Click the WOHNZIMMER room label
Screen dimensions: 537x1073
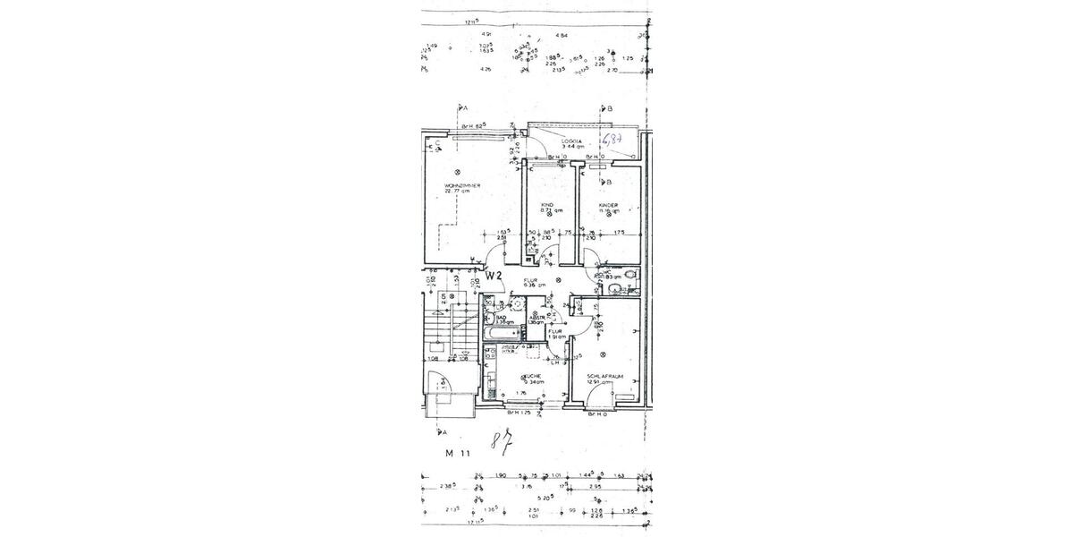462,186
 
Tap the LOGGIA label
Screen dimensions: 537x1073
571,141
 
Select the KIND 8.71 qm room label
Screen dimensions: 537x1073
547,206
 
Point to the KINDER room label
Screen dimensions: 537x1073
609,206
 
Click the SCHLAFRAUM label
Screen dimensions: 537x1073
605,376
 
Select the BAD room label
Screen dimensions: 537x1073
503,317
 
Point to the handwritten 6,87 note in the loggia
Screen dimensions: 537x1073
613,141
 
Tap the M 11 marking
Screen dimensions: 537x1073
458,454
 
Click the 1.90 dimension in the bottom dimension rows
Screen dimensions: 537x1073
503,476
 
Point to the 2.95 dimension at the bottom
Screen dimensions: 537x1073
608,486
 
